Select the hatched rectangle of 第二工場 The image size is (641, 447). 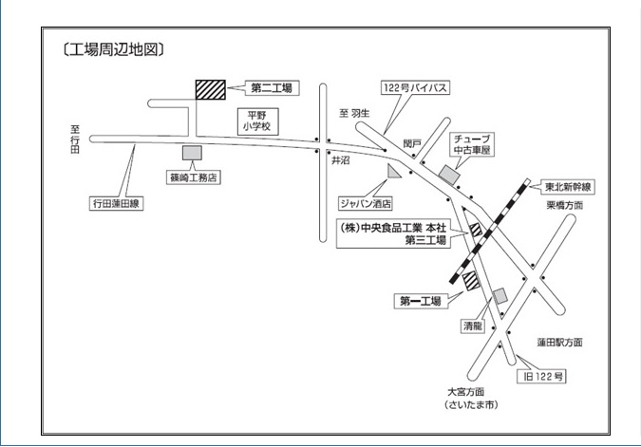[211, 88]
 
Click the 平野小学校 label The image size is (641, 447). [255, 119]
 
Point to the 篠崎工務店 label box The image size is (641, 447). [194, 177]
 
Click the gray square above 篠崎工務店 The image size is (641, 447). [192, 152]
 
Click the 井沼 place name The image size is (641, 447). [340, 161]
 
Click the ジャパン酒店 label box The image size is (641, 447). [366, 203]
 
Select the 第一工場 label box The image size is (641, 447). [420, 301]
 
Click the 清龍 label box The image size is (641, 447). [472, 325]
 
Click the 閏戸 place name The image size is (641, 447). [411, 143]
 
